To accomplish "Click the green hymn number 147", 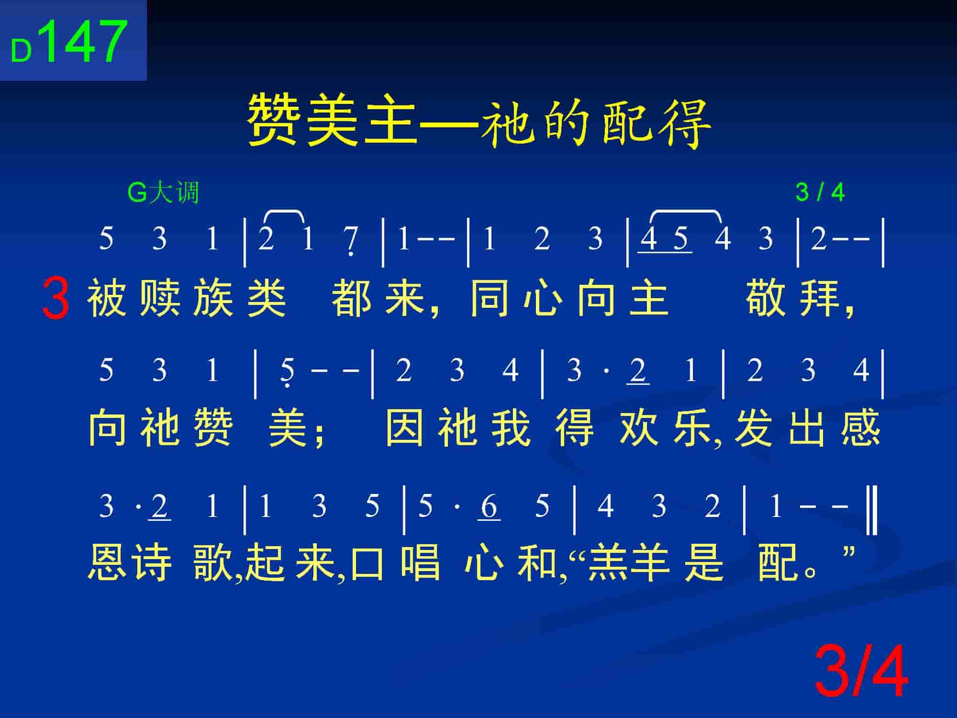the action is pyautogui.click(x=85, y=42).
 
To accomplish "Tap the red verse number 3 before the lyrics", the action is pyautogui.click(x=56, y=299).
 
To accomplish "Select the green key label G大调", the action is pyautogui.click(x=163, y=193).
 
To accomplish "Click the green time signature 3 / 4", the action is pyautogui.click(x=820, y=192).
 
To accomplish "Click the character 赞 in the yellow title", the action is pyautogui.click(x=274, y=119).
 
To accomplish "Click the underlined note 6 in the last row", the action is pyautogui.click(x=489, y=507).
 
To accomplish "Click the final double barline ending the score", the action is pyautogui.click(x=872, y=509).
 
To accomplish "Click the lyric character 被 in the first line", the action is pyautogui.click(x=107, y=299).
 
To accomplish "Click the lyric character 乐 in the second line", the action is pyautogui.click(x=692, y=427).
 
